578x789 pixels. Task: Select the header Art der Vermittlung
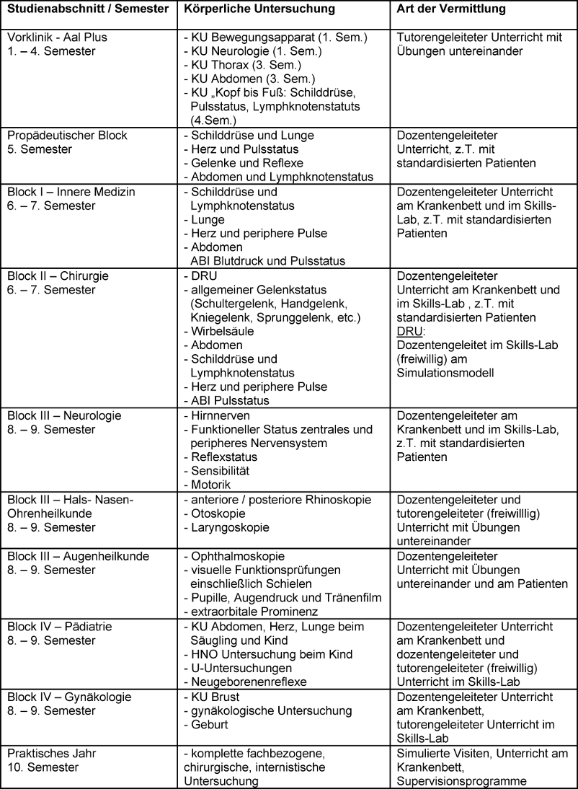pyautogui.click(x=452, y=10)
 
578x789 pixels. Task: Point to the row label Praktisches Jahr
pyautogui.click(x=52, y=753)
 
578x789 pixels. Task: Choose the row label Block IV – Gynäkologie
pyautogui.click(x=70, y=697)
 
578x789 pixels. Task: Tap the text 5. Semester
pyautogui.click(x=38, y=149)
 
